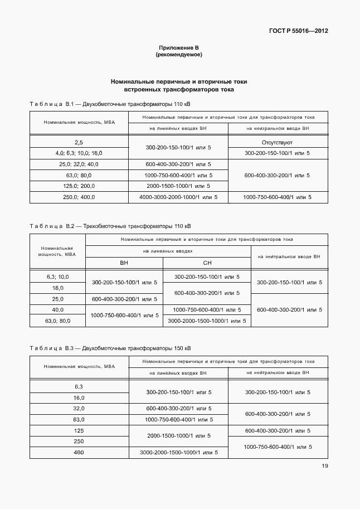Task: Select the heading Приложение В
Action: click(x=178, y=49)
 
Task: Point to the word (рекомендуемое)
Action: click(x=178, y=55)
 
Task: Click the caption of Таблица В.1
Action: click(x=110, y=104)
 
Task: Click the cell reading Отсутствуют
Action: click(x=278, y=143)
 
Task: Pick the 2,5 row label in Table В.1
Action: click(x=79, y=143)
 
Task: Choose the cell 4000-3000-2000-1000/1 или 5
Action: click(x=178, y=197)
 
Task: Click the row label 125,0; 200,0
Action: click(x=79, y=186)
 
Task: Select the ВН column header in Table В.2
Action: click(x=124, y=263)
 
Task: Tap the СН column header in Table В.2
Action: click(x=206, y=263)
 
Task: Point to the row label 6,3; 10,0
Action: click(x=58, y=277)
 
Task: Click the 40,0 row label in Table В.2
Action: click(x=58, y=309)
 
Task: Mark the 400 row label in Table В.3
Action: click(x=79, y=452)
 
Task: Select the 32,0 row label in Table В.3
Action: click(x=79, y=408)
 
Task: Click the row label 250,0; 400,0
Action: click(x=79, y=197)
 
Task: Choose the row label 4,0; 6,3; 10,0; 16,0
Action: click(x=79, y=153)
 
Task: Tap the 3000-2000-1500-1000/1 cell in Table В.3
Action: click(x=178, y=452)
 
